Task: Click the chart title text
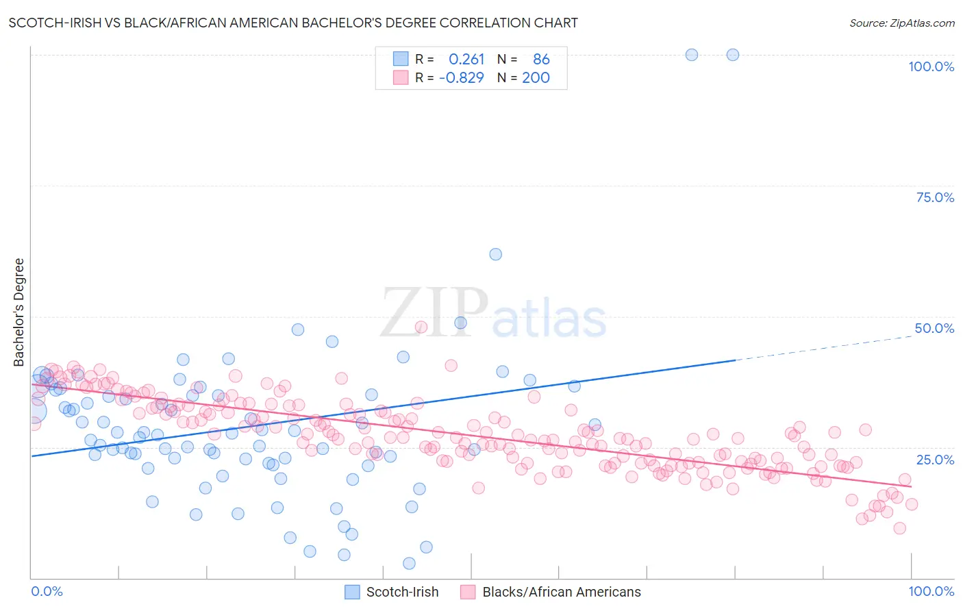click(x=293, y=23)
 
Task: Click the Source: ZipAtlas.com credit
click(x=901, y=23)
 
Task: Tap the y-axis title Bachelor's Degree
click(x=19, y=312)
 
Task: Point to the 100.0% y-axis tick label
click(x=931, y=66)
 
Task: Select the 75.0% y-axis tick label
click(x=935, y=197)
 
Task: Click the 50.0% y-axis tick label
click(x=934, y=328)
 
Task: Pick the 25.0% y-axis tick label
click(x=935, y=459)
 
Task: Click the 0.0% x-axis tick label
click(x=47, y=591)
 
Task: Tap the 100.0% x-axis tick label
click(x=931, y=591)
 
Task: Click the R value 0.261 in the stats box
click(x=466, y=60)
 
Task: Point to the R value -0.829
click(x=462, y=77)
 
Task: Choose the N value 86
click(x=541, y=60)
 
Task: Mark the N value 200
click(x=536, y=77)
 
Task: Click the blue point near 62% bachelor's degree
click(x=496, y=254)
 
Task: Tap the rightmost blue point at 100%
click(x=733, y=55)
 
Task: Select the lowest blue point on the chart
click(x=409, y=563)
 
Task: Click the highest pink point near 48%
click(x=421, y=327)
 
